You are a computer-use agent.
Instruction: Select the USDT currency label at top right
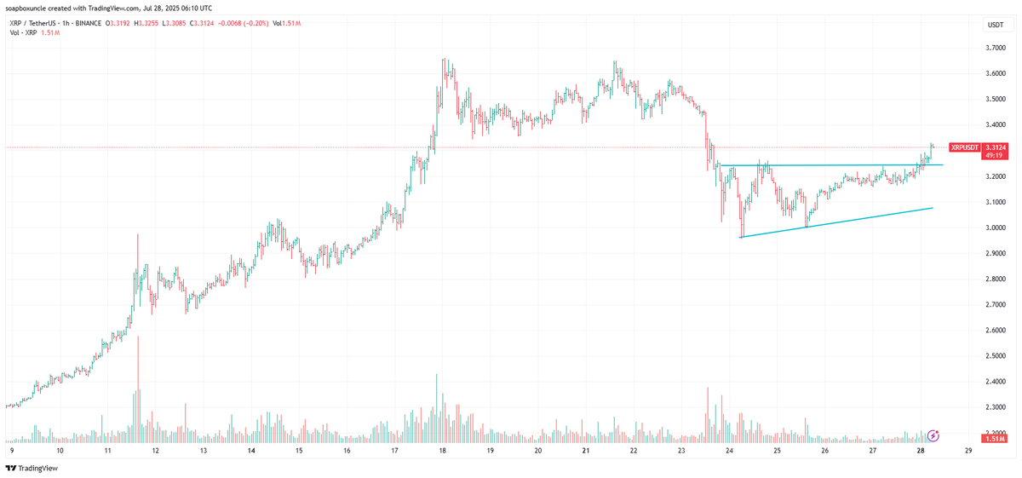point(995,26)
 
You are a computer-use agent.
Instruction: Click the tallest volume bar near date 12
point(137,392)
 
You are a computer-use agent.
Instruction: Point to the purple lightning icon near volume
point(933,435)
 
